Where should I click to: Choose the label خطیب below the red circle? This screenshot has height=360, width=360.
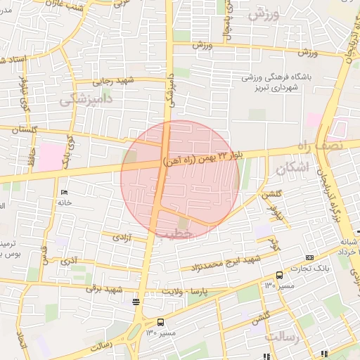[x=175, y=233]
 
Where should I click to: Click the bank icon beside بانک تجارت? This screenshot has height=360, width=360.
[x=310, y=258]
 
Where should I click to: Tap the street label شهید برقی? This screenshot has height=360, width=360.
[x=106, y=288]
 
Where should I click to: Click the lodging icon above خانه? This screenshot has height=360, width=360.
[x=65, y=193]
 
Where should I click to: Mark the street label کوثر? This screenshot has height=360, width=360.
[x=274, y=245]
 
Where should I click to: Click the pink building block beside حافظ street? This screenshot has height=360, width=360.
[x=49, y=155]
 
